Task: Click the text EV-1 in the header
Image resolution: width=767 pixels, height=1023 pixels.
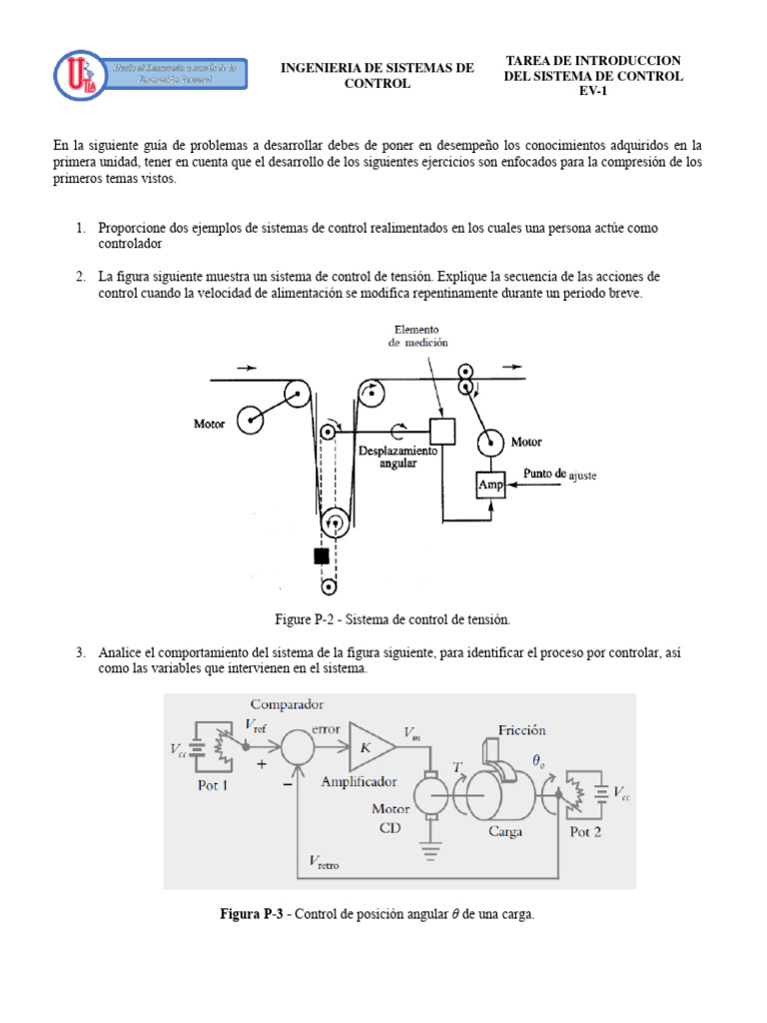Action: click(x=593, y=92)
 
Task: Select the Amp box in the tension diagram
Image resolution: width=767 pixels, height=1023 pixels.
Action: click(x=489, y=486)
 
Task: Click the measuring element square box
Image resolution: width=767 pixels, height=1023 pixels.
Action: click(x=442, y=431)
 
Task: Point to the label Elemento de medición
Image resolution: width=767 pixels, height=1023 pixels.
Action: click(x=416, y=336)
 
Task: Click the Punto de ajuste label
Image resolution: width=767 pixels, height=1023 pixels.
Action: click(x=560, y=475)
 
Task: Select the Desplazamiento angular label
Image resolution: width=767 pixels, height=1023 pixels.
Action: click(x=396, y=458)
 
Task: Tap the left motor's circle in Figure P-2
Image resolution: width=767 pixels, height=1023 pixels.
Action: click(x=250, y=418)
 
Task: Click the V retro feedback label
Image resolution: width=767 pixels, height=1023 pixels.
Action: click(x=324, y=861)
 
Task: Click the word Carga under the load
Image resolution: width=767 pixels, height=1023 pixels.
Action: click(x=505, y=831)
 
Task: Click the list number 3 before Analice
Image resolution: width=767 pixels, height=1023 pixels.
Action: click(x=80, y=652)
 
